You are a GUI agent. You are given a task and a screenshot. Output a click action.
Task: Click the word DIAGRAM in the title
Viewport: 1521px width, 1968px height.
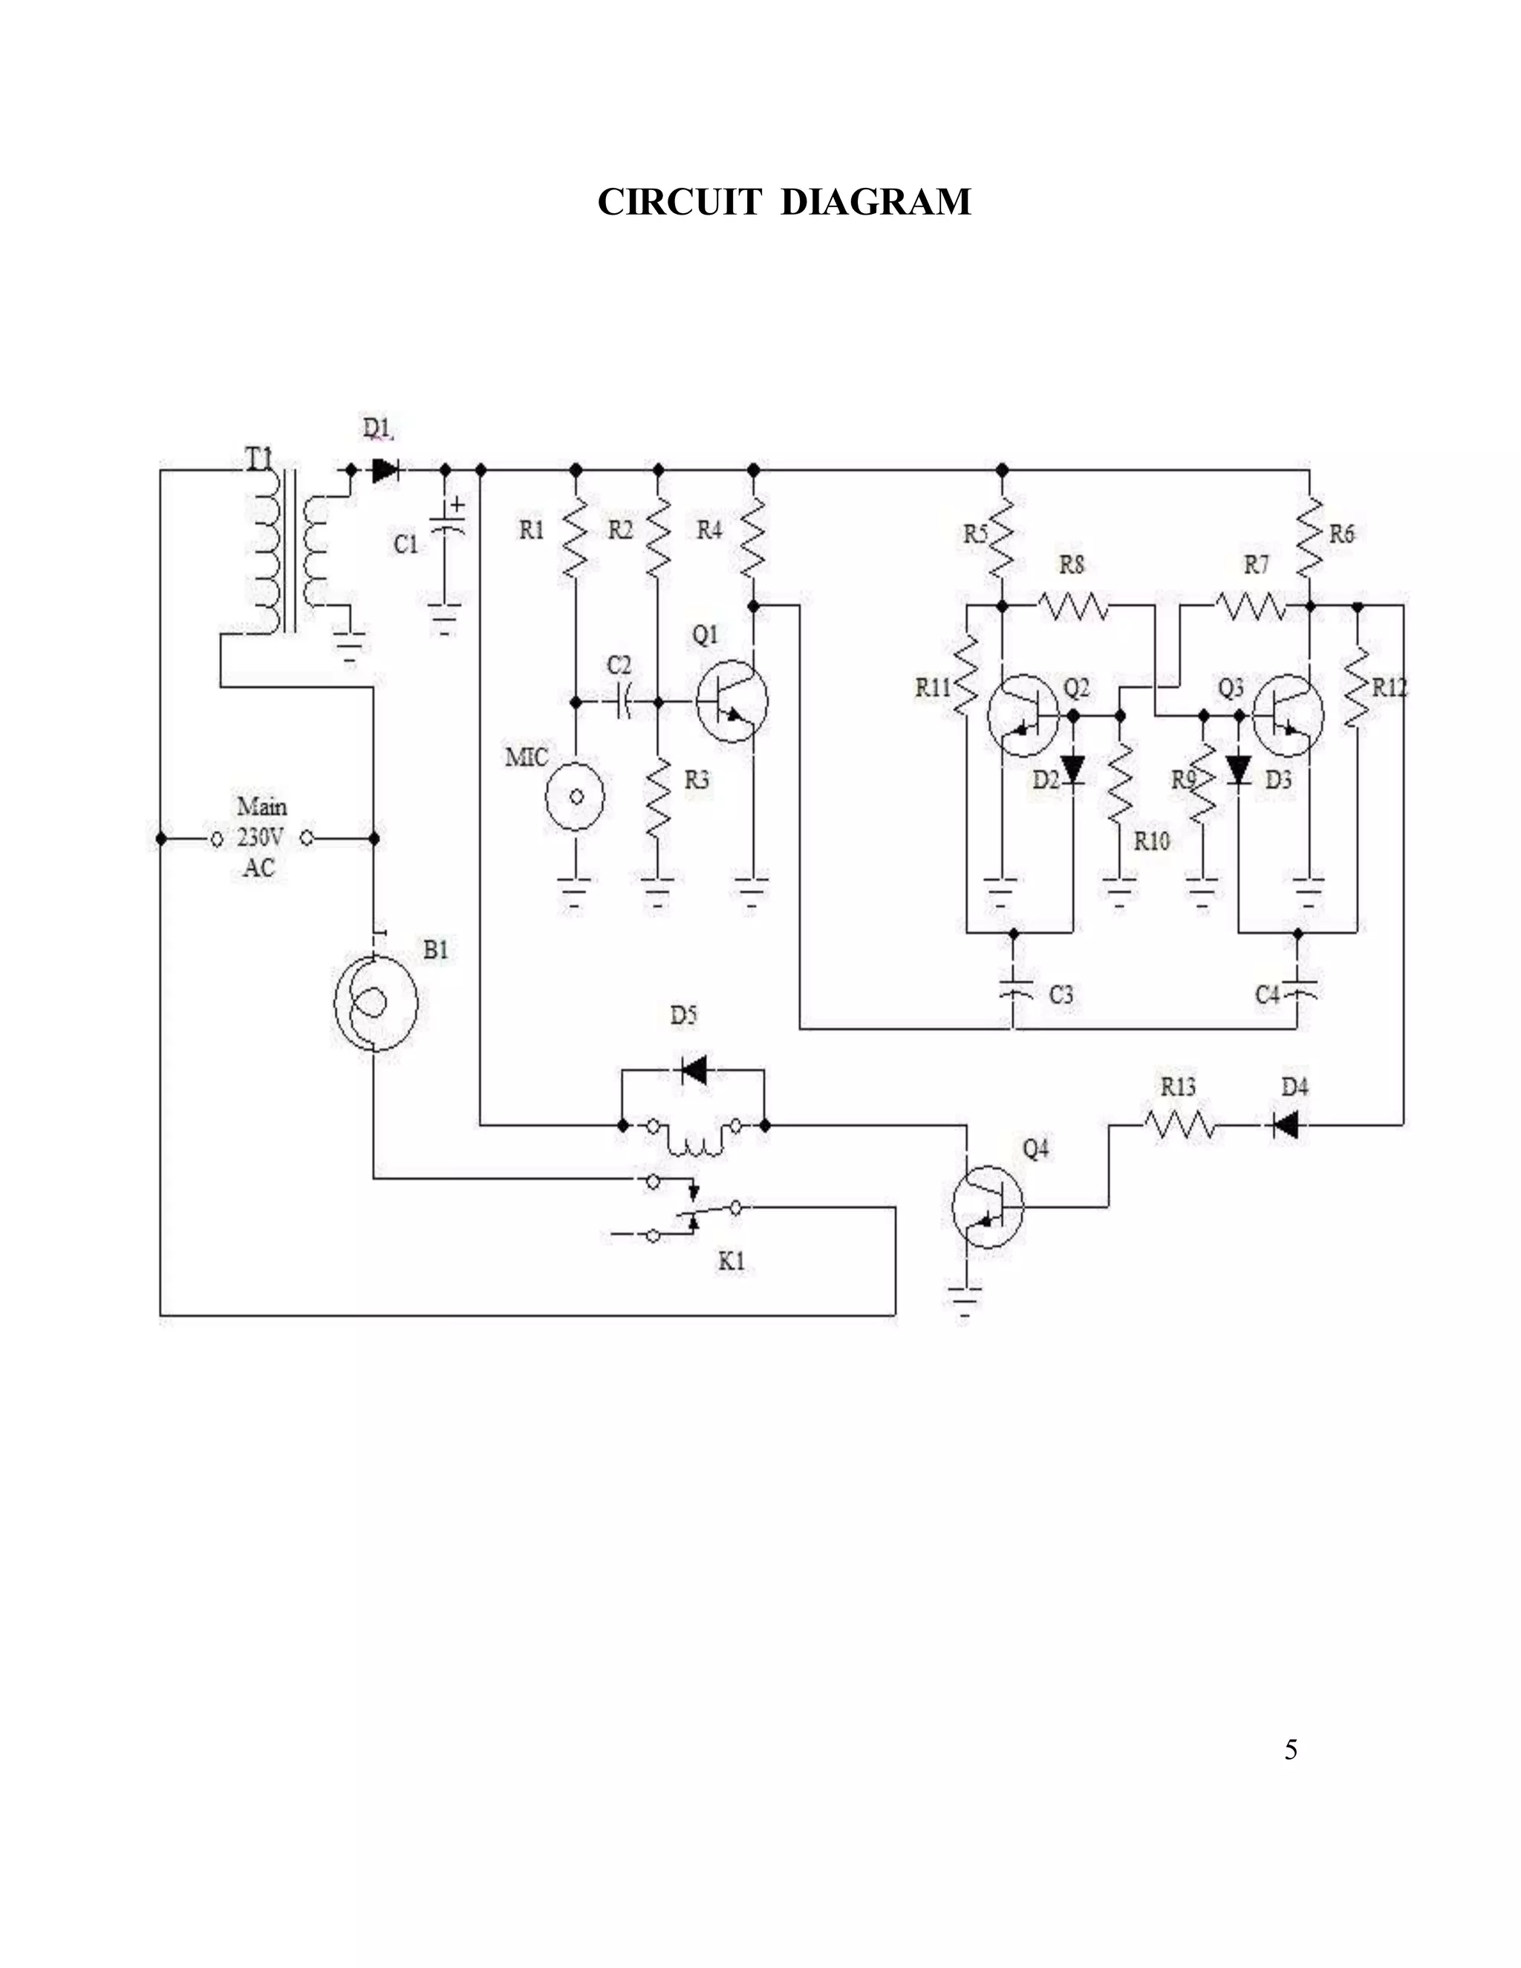(875, 202)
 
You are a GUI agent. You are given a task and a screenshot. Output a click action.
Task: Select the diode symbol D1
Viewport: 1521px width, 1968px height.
(385, 469)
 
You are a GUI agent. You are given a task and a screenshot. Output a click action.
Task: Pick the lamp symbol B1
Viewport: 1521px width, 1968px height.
(375, 1001)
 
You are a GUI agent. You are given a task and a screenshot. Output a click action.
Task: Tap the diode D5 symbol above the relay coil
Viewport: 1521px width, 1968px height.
(694, 1070)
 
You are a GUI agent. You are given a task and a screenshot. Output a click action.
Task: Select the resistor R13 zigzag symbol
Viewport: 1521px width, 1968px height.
(1179, 1124)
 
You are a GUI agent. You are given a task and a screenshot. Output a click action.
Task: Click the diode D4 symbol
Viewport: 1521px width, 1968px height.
(1286, 1124)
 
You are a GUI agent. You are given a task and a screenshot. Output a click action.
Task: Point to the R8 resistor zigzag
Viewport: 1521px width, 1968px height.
(1073, 605)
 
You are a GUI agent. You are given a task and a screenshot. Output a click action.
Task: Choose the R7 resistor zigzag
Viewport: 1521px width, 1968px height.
(1251, 605)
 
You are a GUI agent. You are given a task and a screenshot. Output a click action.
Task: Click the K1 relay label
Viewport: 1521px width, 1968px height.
(731, 1262)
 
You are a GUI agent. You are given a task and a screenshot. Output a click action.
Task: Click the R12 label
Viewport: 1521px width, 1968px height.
(1390, 688)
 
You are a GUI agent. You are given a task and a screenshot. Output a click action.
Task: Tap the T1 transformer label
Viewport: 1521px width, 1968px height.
(259, 457)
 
